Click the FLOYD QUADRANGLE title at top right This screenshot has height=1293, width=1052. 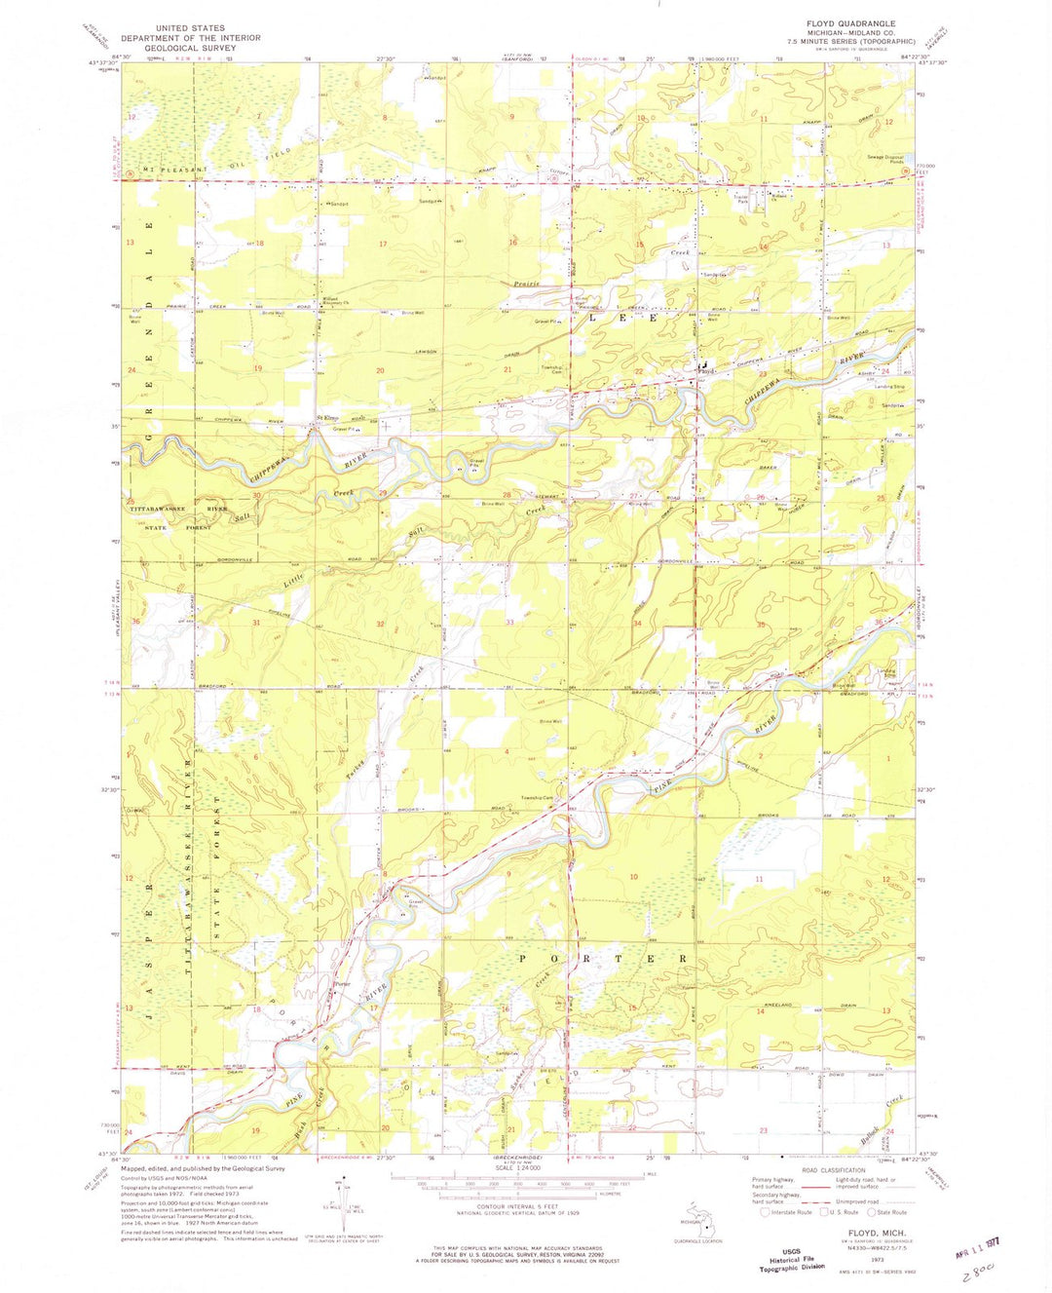tap(849, 23)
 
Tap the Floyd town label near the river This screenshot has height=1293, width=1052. tap(708, 371)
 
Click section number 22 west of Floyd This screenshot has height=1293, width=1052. tap(639, 371)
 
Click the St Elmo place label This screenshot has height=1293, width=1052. tap(331, 419)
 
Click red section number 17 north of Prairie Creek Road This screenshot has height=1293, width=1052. tap(383, 244)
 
